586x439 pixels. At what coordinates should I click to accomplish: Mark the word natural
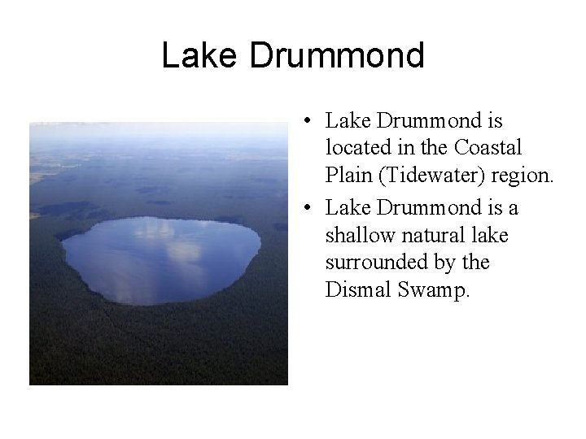[428, 236]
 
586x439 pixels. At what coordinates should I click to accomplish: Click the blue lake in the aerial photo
[106, 268]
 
